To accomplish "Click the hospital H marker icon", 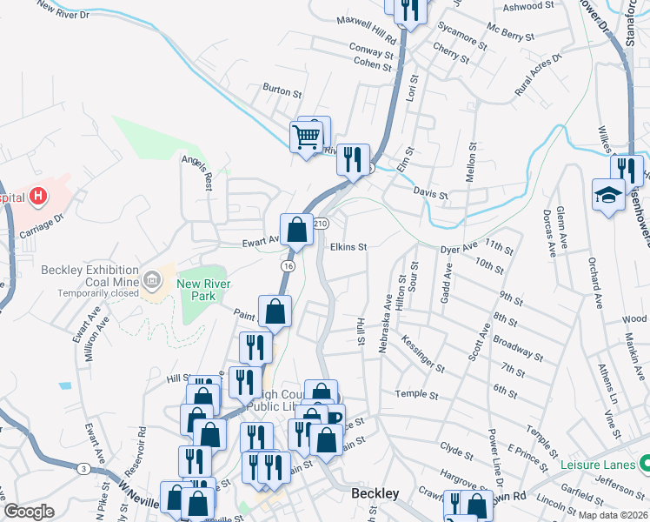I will point(37,197).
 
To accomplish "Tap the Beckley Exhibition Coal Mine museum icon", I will point(152,279).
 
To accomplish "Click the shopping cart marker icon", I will point(306,137).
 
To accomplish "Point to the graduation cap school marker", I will point(608,195).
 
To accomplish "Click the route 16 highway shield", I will point(286,264).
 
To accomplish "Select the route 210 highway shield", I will point(320,224).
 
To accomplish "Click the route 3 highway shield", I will point(83,469).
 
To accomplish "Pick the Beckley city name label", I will point(375,493).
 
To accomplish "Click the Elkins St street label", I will point(348,247).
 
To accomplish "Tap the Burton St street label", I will point(282,90).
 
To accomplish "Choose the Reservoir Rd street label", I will point(143,445).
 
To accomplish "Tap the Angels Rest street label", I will point(197,169).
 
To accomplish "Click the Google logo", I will point(29,512).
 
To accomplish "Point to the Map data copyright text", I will point(613,515).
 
